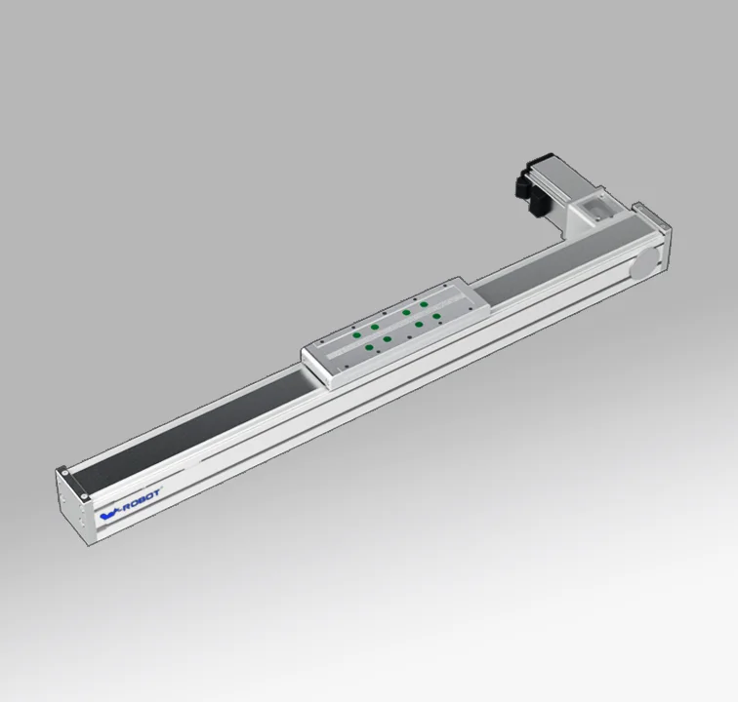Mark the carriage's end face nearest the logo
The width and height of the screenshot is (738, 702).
[322, 374]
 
